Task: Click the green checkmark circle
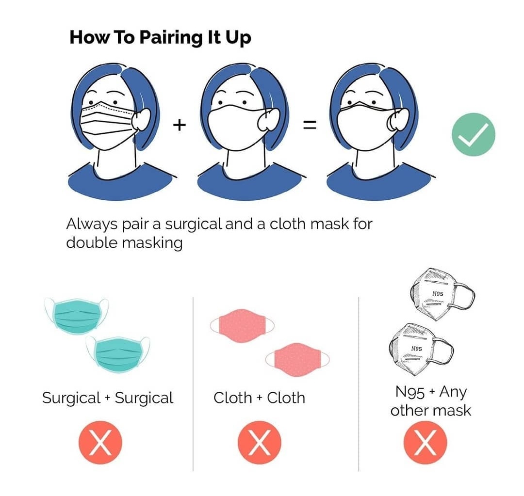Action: pyautogui.click(x=473, y=134)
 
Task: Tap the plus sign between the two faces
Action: pyautogui.click(x=180, y=125)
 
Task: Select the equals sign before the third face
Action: pyautogui.click(x=310, y=125)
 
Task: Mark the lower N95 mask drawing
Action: pyautogui.click(x=418, y=348)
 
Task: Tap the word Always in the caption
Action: pyautogui.click(x=90, y=224)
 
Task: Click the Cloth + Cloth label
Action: pyautogui.click(x=259, y=398)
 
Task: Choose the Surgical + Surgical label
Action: pyautogui.click(x=107, y=398)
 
